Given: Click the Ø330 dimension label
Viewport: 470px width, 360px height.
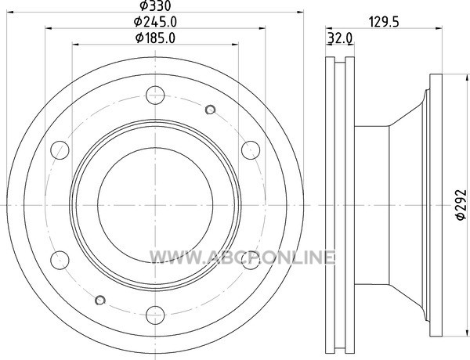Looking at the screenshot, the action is [155, 5].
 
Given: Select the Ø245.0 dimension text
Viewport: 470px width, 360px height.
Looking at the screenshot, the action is [155, 22].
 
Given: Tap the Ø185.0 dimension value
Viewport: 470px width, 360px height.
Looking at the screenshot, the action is [155, 38].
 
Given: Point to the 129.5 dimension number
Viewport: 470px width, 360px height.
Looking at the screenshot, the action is [384, 22].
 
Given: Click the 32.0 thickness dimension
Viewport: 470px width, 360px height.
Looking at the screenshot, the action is [340, 38].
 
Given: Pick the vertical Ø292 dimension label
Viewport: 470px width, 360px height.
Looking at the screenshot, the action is [461, 205].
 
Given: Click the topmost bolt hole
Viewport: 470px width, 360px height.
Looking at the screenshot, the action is [155, 95].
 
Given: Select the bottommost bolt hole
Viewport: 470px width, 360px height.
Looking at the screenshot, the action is [155, 315].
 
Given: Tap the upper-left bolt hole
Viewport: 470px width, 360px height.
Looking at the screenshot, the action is [60, 150].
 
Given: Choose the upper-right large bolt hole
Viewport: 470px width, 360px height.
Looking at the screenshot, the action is [251, 150].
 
